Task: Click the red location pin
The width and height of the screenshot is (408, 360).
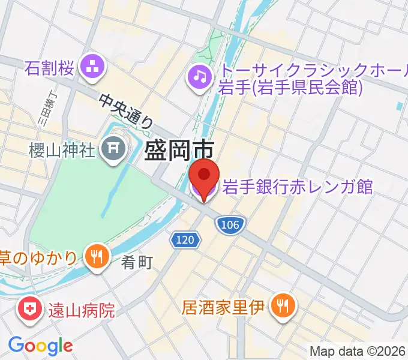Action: pos(205,176)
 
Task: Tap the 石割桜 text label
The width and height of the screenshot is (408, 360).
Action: pos(50,68)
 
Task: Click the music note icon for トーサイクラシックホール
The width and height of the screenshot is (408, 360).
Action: pos(199,76)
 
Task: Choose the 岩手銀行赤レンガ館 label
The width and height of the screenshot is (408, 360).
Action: pos(298,187)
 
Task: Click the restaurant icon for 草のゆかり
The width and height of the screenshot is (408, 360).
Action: pos(95,257)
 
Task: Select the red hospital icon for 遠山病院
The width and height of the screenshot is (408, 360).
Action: pos(29,310)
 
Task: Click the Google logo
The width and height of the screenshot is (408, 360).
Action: pos(40,346)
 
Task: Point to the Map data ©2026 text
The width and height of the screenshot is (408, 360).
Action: pos(358,351)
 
